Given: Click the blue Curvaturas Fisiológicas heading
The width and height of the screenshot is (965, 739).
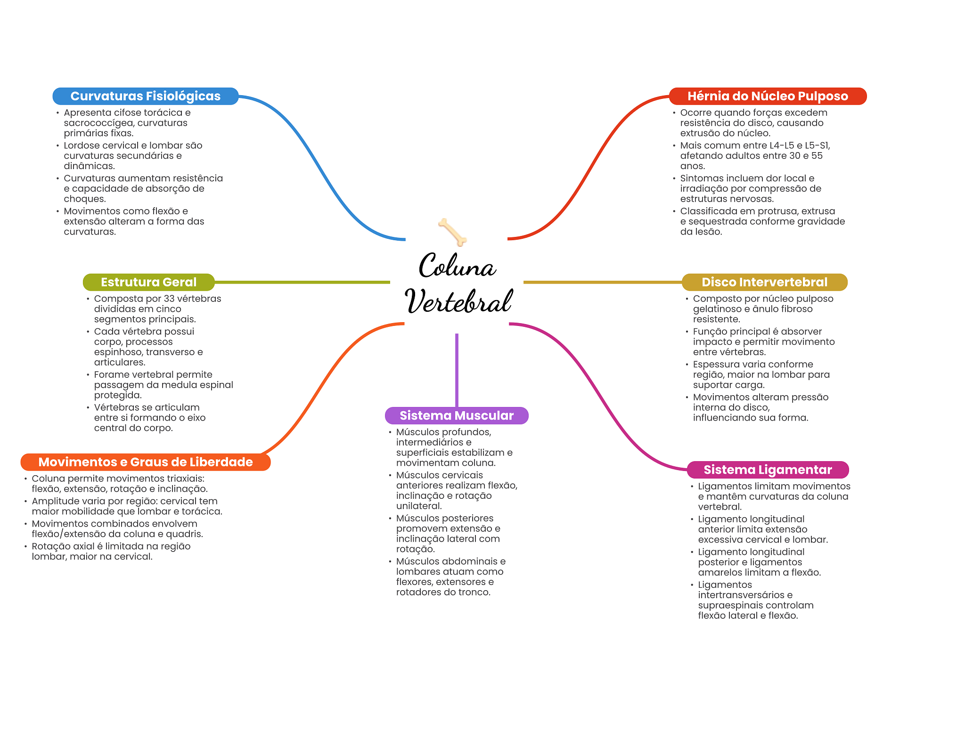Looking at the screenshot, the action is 145,96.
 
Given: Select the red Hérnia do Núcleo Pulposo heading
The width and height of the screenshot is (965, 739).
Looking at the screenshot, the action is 767,96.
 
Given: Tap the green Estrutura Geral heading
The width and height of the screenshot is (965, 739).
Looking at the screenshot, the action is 148,282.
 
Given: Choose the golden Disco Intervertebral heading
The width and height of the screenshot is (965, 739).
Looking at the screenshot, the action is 764,282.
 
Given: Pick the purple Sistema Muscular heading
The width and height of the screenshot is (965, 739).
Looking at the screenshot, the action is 456,415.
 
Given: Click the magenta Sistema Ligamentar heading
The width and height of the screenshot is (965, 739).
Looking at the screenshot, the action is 768,470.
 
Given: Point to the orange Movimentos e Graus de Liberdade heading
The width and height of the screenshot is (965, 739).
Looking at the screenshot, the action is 145,462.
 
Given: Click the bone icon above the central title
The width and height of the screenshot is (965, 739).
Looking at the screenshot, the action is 452,232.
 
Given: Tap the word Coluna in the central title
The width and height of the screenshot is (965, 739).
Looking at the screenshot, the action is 457,266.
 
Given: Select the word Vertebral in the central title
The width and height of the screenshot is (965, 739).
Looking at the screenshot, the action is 458,301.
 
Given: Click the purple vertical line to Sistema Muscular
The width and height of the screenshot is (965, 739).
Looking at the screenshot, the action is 457,370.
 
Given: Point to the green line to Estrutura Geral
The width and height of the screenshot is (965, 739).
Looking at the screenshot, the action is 302,282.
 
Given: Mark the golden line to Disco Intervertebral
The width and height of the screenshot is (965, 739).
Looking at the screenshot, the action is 603,282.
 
